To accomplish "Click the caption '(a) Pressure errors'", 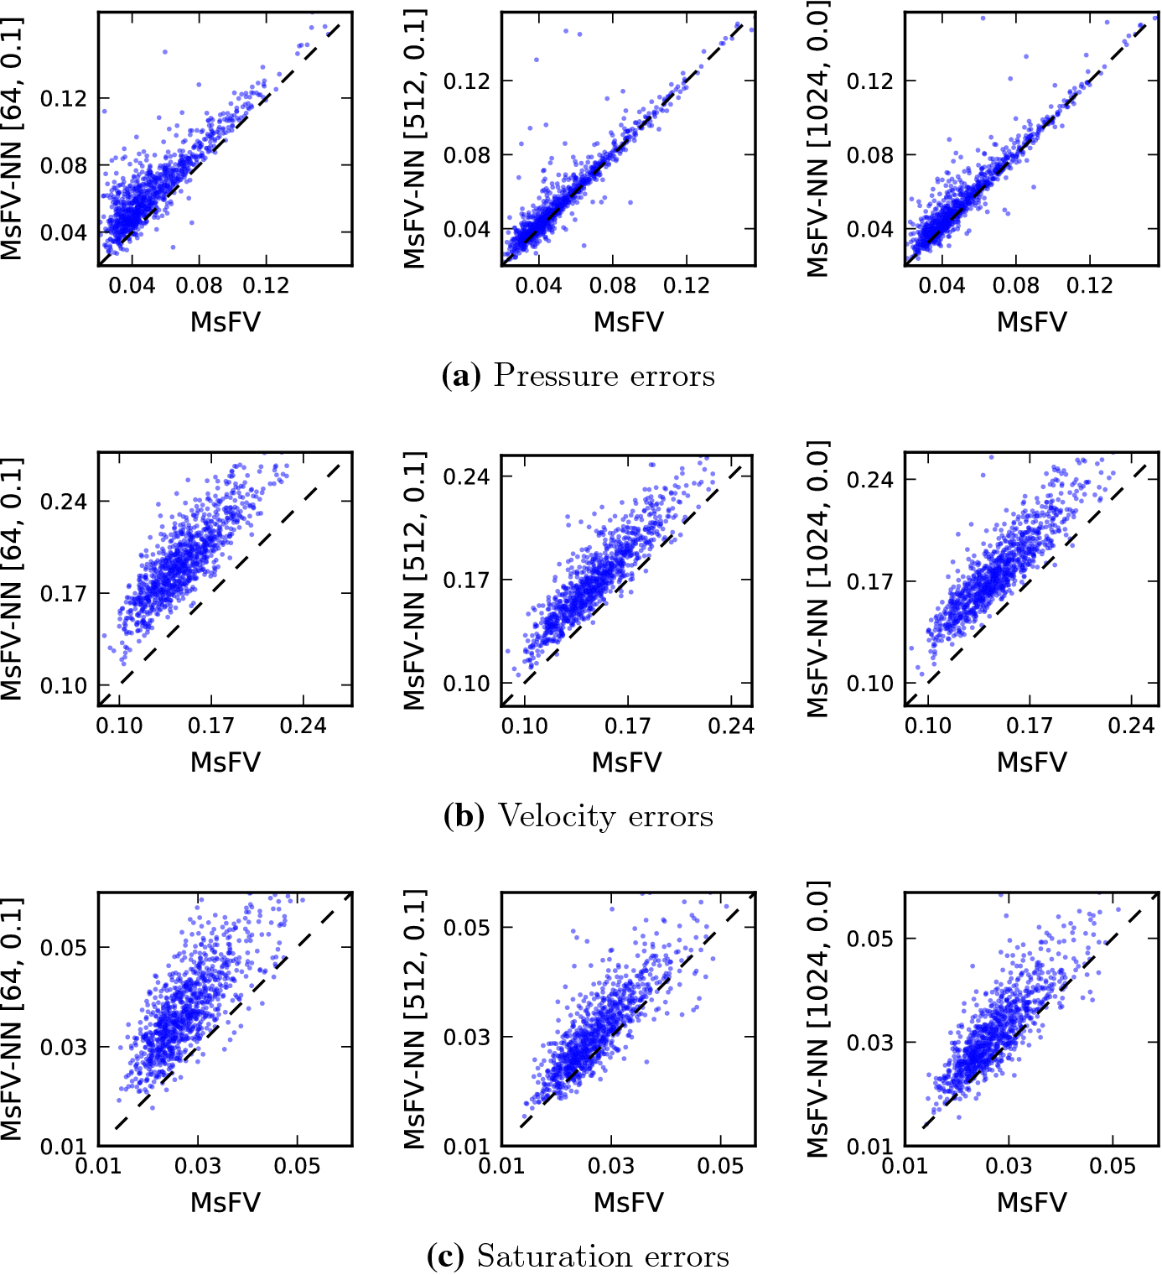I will click(x=578, y=375).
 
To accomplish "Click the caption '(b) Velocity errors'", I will click(x=578, y=815).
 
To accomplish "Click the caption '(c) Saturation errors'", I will click(x=578, y=1256).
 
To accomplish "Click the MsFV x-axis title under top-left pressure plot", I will click(x=226, y=321).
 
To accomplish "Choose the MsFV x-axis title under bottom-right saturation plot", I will click(x=1031, y=1202).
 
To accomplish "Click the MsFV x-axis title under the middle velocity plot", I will click(x=627, y=762).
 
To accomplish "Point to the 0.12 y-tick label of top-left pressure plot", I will click(x=64, y=98).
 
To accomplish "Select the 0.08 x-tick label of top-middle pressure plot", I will click(x=612, y=286).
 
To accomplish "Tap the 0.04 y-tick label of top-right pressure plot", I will click(x=869, y=229).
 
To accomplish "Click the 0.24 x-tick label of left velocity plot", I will click(x=303, y=726).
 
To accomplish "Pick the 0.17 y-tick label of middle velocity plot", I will click(x=466, y=580).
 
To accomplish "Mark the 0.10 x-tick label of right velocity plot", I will click(x=927, y=726).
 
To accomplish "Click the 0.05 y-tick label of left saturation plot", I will click(x=64, y=947).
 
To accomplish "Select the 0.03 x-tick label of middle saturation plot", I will click(x=610, y=1166).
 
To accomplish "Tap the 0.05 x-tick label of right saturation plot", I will click(x=1113, y=1166).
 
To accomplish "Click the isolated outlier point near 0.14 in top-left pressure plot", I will click(x=164, y=52).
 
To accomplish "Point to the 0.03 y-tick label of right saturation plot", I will click(x=869, y=1043).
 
